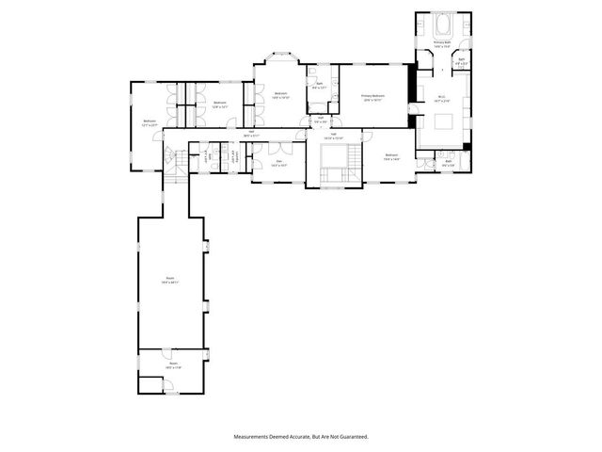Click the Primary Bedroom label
tap(373, 96)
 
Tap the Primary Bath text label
tap(442, 43)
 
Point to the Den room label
tap(278, 162)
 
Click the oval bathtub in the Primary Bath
tap(442, 24)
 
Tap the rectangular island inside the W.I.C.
tap(442, 121)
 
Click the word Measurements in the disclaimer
tap(255, 437)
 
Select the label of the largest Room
tap(170, 280)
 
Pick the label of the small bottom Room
tap(173, 365)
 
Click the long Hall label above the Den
tap(251, 133)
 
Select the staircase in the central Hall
tap(332, 160)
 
